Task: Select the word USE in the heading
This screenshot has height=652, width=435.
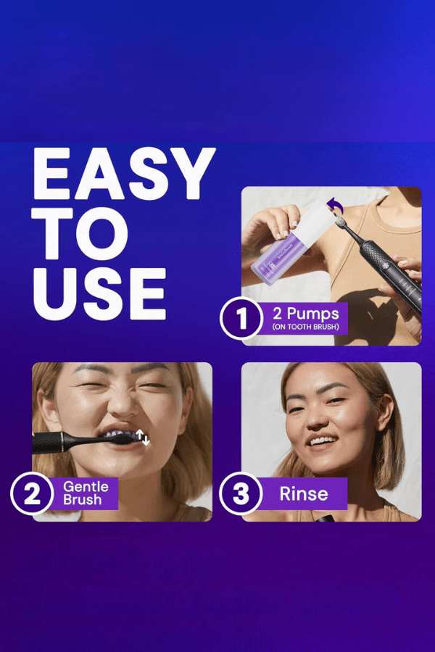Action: (99, 293)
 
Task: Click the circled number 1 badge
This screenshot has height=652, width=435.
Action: (241, 318)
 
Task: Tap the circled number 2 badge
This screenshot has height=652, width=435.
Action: (32, 493)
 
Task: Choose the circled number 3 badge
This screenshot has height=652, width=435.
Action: (241, 493)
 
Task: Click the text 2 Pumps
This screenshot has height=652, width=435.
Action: (306, 313)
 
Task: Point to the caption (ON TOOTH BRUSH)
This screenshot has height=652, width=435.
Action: (306, 327)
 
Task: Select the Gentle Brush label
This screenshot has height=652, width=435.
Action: (86, 493)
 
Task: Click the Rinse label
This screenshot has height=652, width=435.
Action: (304, 493)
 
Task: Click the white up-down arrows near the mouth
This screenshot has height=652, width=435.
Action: (142, 438)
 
